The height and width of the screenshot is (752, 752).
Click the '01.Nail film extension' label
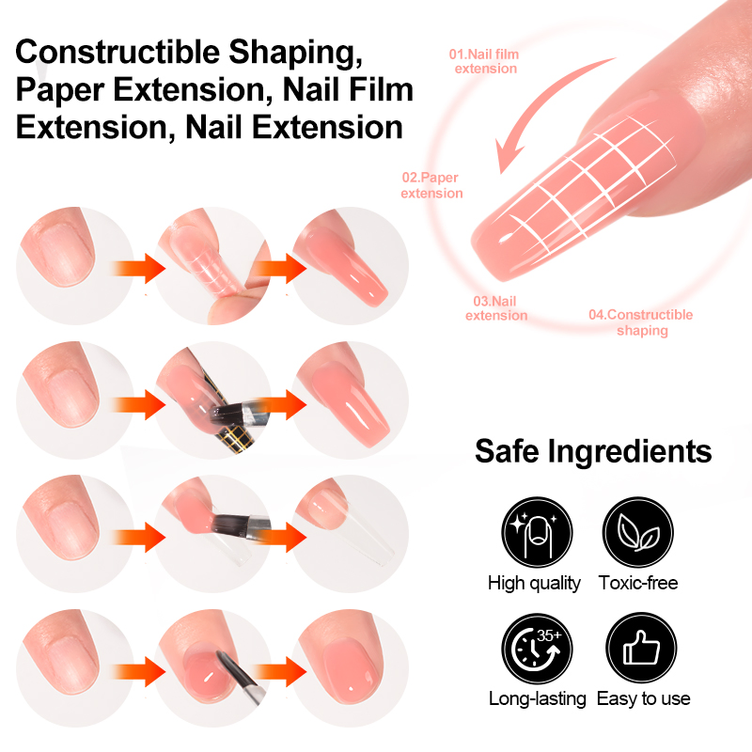click(484, 61)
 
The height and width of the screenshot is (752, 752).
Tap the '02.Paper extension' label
click(431, 185)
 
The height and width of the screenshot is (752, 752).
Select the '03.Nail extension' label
click(495, 308)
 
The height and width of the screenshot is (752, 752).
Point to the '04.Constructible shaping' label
click(641, 322)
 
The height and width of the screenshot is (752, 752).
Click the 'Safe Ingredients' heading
click(593, 450)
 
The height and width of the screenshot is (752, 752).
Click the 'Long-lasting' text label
click(537, 698)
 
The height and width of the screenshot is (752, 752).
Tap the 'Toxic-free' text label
click(638, 583)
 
